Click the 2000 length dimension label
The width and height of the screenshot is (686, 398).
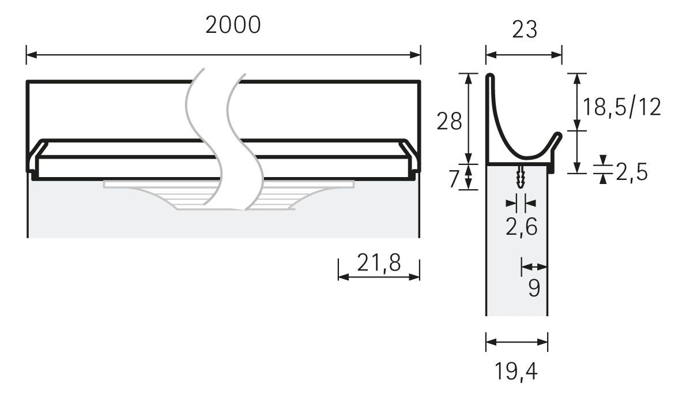233,25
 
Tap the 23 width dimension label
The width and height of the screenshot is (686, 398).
524,30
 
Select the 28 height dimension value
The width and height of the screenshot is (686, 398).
449,121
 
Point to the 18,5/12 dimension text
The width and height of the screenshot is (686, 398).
621,107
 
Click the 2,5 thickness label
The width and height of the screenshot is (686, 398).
632,172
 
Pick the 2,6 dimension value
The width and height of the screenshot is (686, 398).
522,227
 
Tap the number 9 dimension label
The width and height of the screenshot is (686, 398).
534,288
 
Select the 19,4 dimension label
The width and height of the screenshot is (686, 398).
516,371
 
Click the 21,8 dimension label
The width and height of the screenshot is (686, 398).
379,263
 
